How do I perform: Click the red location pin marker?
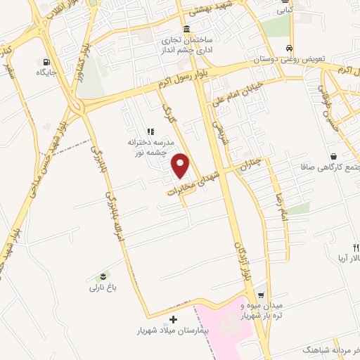(181, 166)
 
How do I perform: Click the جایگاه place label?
(47, 72)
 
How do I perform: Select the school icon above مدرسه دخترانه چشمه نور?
(150, 131)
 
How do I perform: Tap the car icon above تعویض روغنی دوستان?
(290, 48)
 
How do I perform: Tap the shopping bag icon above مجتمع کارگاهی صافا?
(340, 156)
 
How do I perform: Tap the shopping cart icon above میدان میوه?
(262, 295)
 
